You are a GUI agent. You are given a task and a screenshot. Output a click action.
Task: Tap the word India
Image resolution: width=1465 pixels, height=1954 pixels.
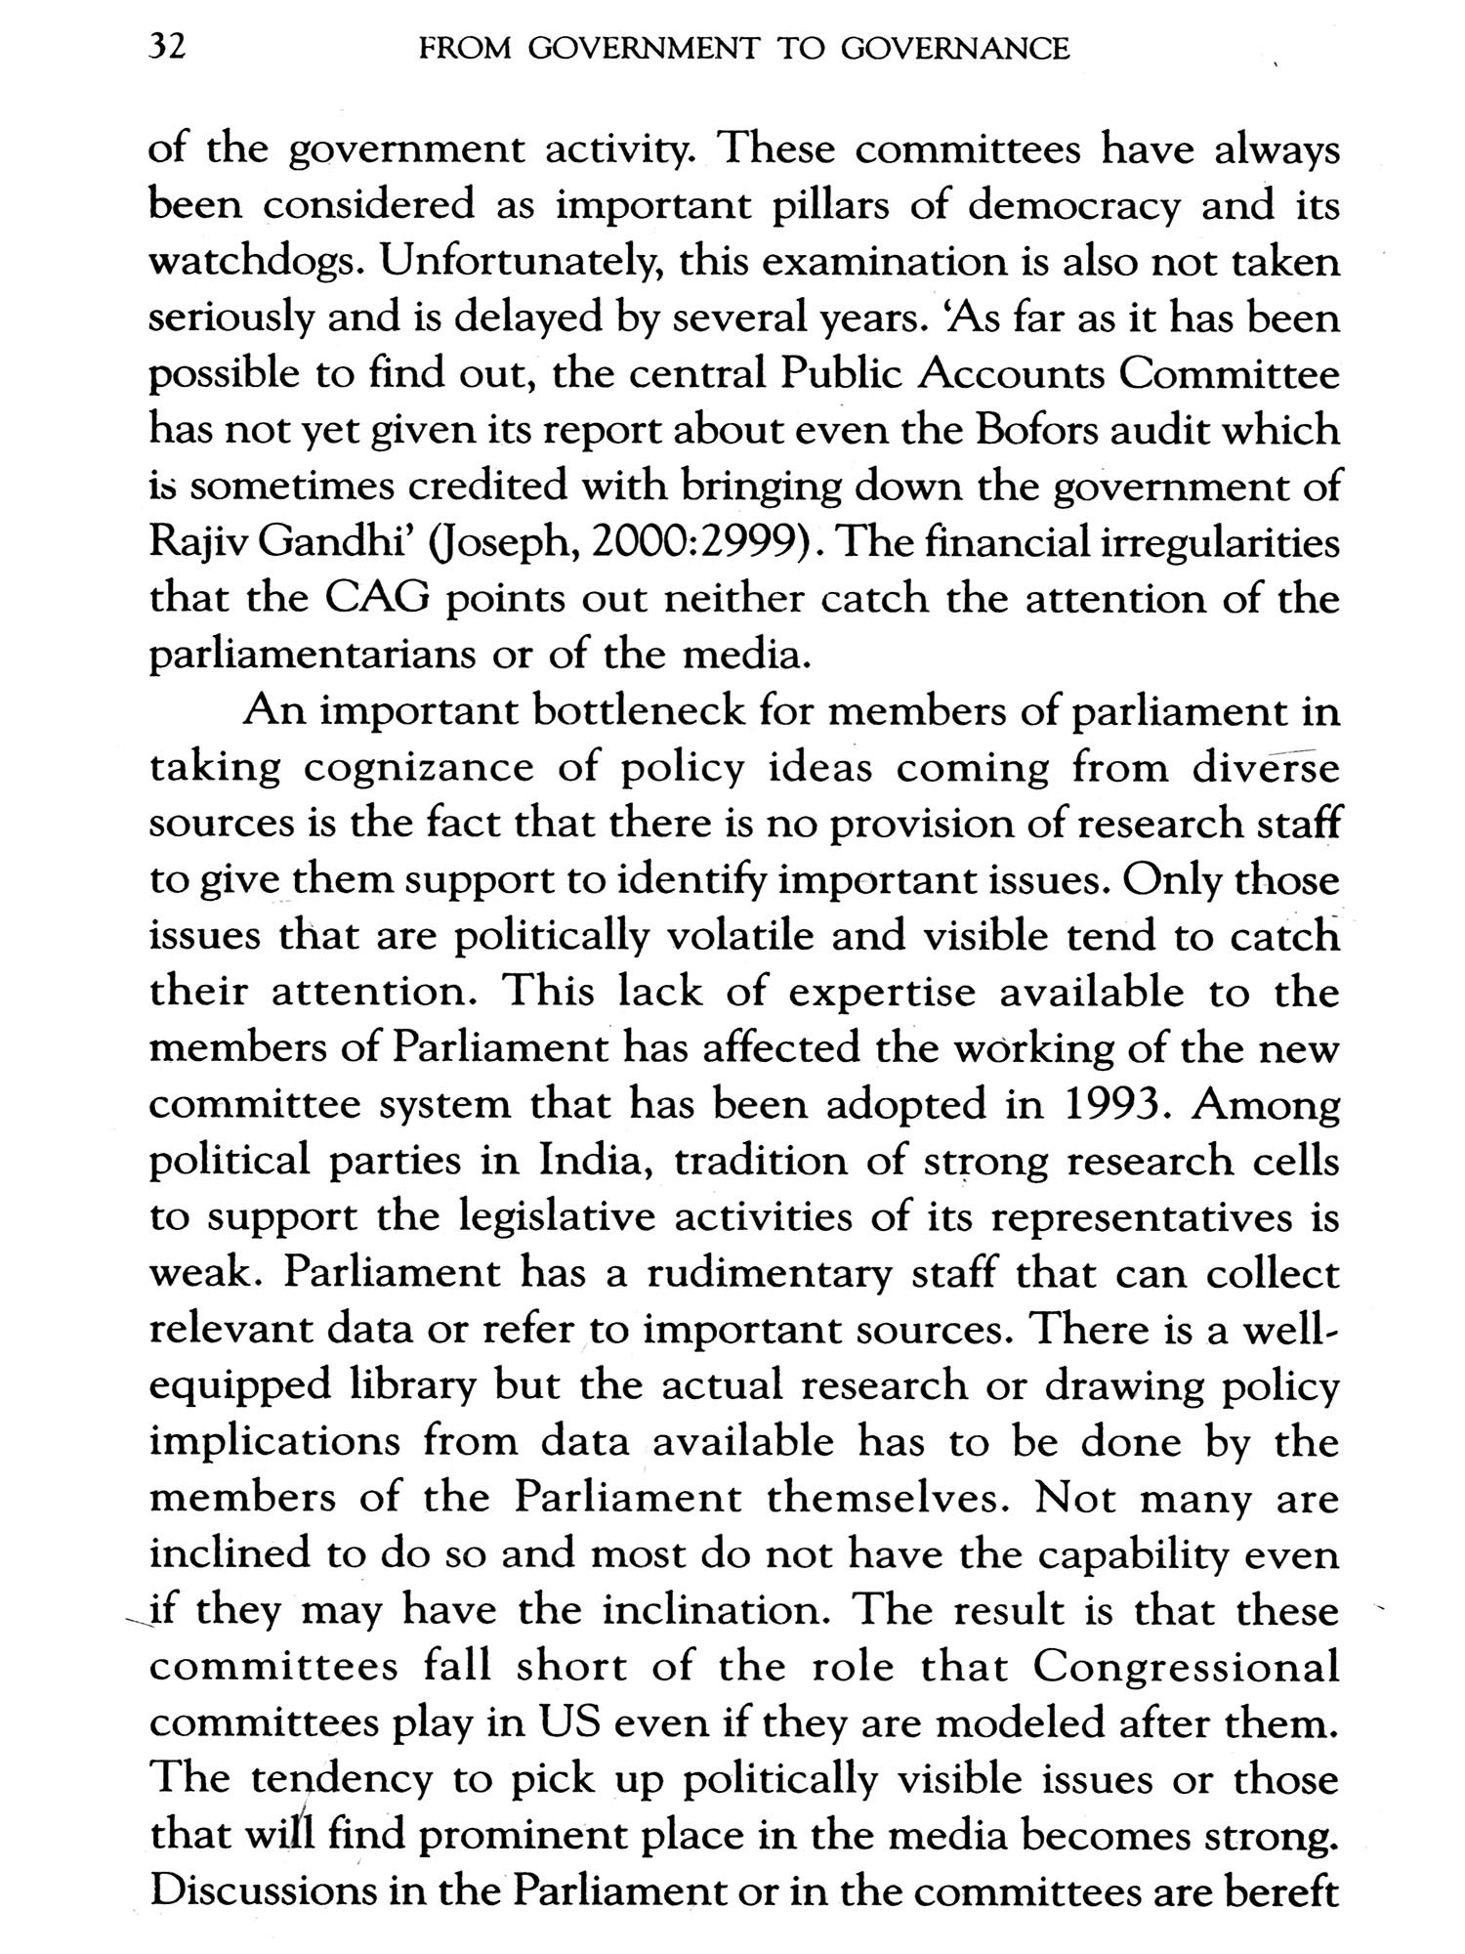598,1161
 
